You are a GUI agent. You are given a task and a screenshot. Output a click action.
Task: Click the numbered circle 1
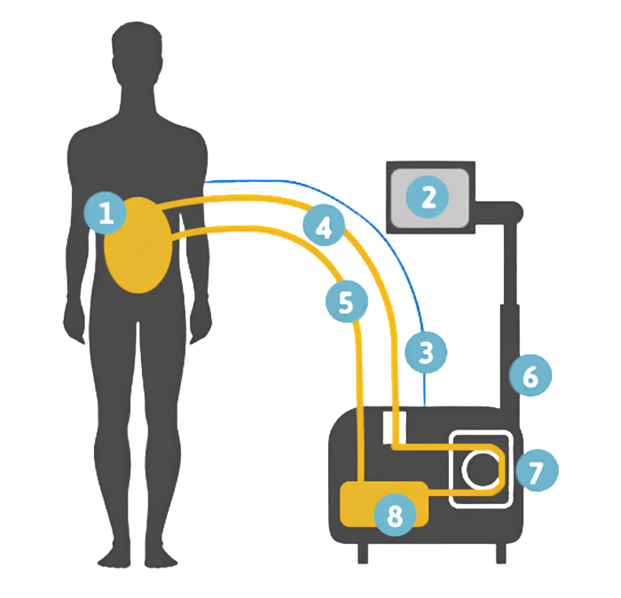coord(106,213)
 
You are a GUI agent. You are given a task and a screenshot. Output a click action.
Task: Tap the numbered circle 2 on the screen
coord(428,197)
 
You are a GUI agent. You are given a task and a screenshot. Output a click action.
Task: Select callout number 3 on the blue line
coord(426,352)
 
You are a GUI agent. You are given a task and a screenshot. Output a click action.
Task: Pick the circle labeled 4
coord(324,225)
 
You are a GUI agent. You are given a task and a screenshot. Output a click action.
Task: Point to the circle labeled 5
coord(347,301)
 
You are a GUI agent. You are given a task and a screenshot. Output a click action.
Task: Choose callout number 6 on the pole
coord(531,375)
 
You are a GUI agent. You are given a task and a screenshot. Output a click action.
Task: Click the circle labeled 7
coord(537,470)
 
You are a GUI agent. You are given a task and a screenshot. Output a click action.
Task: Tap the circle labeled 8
coord(395,515)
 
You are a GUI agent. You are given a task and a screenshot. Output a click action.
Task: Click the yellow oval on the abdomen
coord(138,245)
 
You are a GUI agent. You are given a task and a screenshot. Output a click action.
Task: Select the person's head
coord(137,55)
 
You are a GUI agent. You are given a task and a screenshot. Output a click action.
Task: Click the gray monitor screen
coord(430,198)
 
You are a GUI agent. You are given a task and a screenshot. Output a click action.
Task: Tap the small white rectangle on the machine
coord(395,428)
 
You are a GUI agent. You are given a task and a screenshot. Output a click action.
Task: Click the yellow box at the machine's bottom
coord(384,504)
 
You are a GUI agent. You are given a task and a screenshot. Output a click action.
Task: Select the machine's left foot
coord(363,554)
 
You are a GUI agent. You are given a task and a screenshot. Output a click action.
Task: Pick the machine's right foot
coord(501,554)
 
